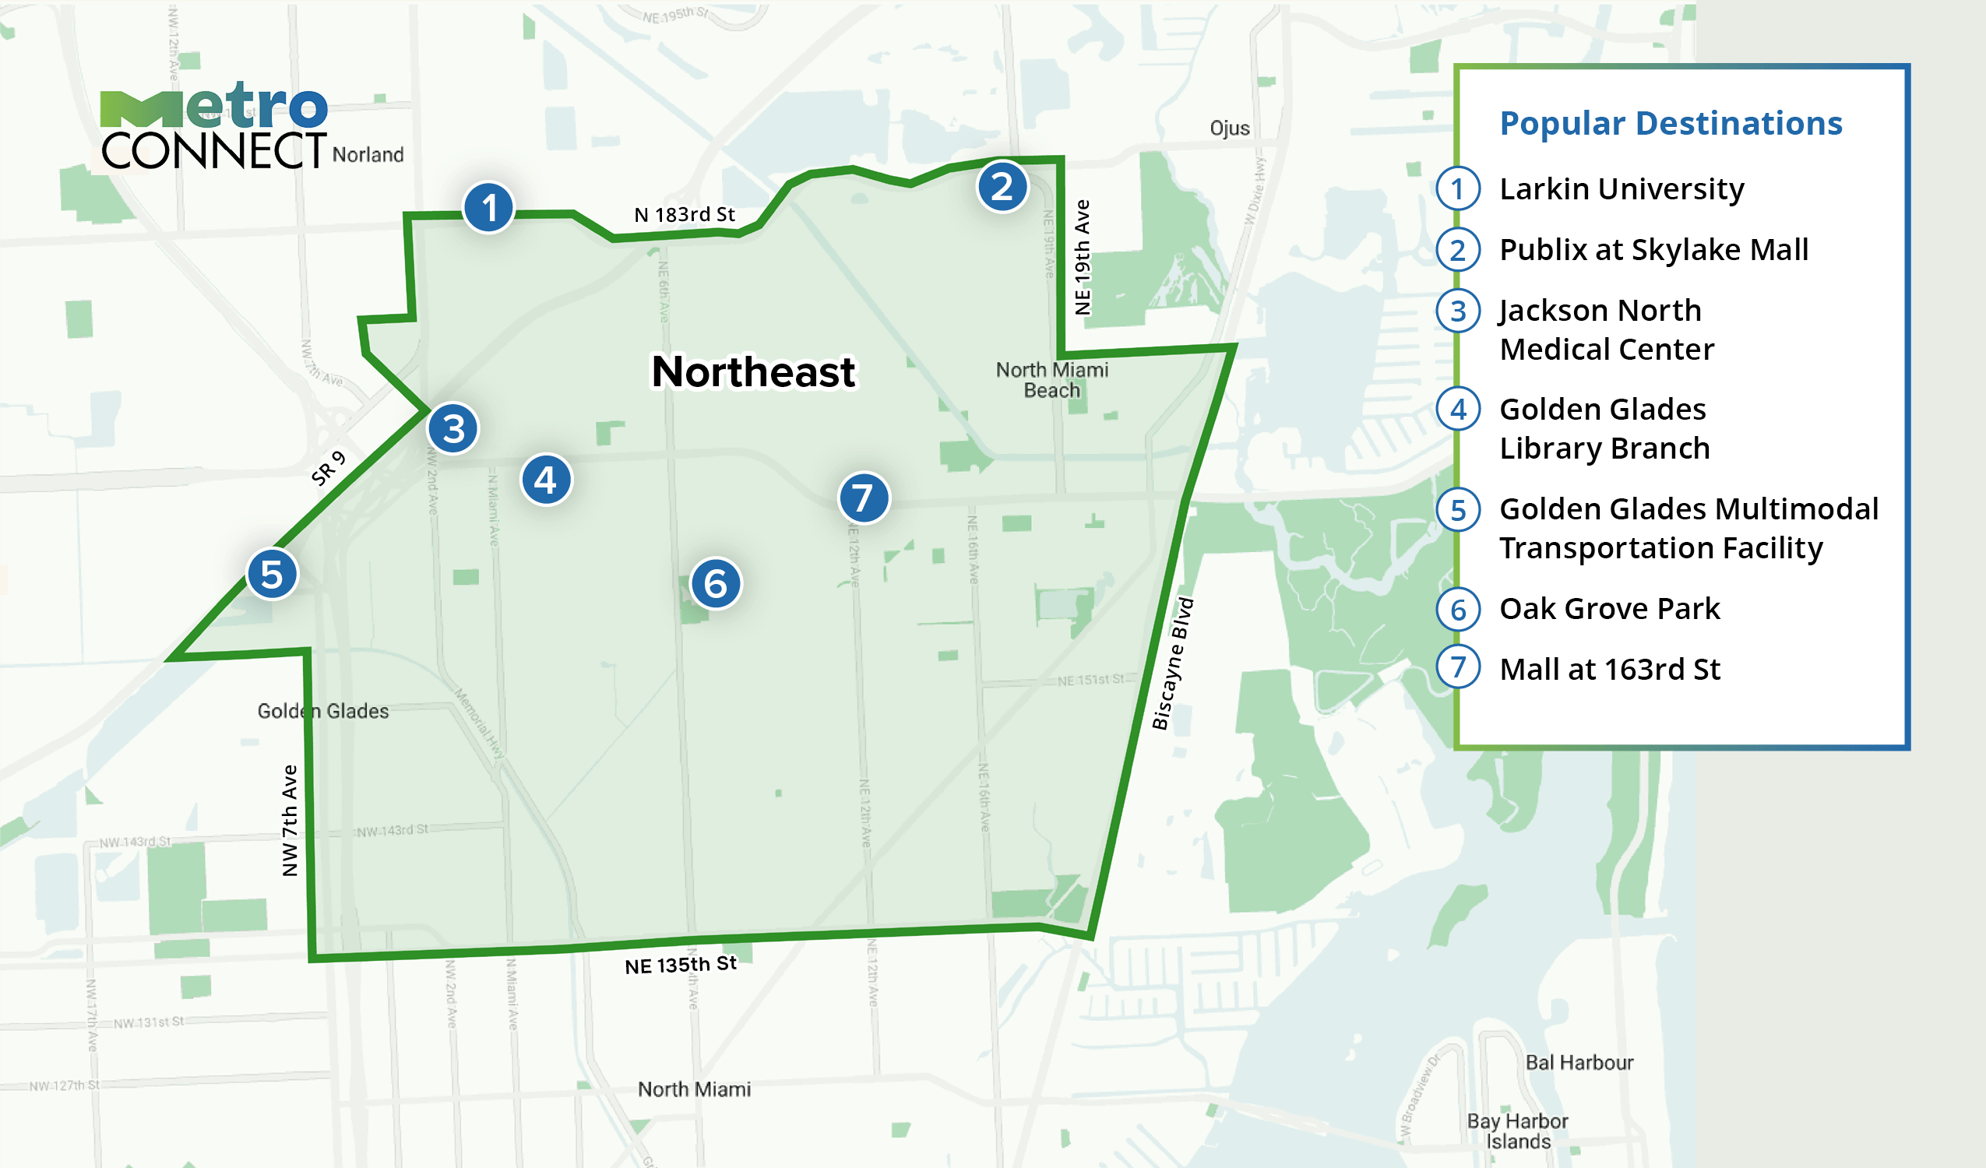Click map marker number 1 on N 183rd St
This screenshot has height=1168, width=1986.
coord(488,208)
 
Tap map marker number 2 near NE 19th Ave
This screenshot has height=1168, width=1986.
coord(1002,187)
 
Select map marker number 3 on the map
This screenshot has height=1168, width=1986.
coord(453,429)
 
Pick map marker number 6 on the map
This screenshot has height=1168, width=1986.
coord(716,584)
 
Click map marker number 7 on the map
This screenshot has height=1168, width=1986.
coord(864,498)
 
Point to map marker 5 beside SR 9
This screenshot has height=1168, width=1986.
coord(272,575)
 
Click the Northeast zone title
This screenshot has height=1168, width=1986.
coord(752,372)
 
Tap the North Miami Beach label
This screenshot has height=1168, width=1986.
coord(1051,380)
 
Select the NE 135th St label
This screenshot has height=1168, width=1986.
coord(680,965)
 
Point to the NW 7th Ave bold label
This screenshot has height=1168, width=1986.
coord(290,820)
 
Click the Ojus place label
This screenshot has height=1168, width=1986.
coord(1229,128)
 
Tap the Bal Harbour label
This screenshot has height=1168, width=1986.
coord(1579,1062)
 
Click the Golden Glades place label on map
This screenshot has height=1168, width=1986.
coord(323,711)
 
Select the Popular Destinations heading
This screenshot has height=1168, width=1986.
coord(1670,123)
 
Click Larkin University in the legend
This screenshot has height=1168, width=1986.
coord(1621,189)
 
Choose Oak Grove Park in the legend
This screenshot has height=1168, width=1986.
coord(1608,608)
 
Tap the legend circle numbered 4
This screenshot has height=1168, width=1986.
coord(1458,409)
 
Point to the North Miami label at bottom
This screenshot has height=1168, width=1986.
coord(693,1089)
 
